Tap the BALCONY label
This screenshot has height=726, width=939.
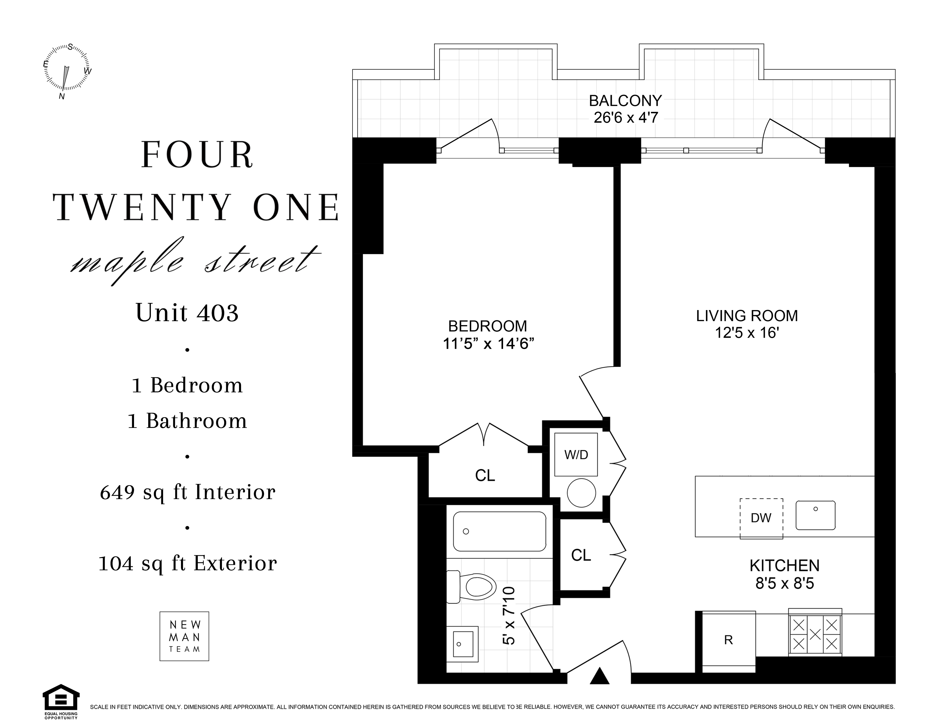[625, 101]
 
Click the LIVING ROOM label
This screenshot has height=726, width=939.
[747, 316]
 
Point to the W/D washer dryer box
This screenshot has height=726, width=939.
[576, 455]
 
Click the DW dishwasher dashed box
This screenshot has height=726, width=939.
[761, 518]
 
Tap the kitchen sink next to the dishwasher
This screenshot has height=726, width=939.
[815, 515]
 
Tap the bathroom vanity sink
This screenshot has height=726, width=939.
[463, 644]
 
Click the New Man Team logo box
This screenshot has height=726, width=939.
[184, 636]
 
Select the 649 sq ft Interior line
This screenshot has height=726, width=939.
[188, 492]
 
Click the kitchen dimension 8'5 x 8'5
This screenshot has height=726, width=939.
[785, 584]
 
